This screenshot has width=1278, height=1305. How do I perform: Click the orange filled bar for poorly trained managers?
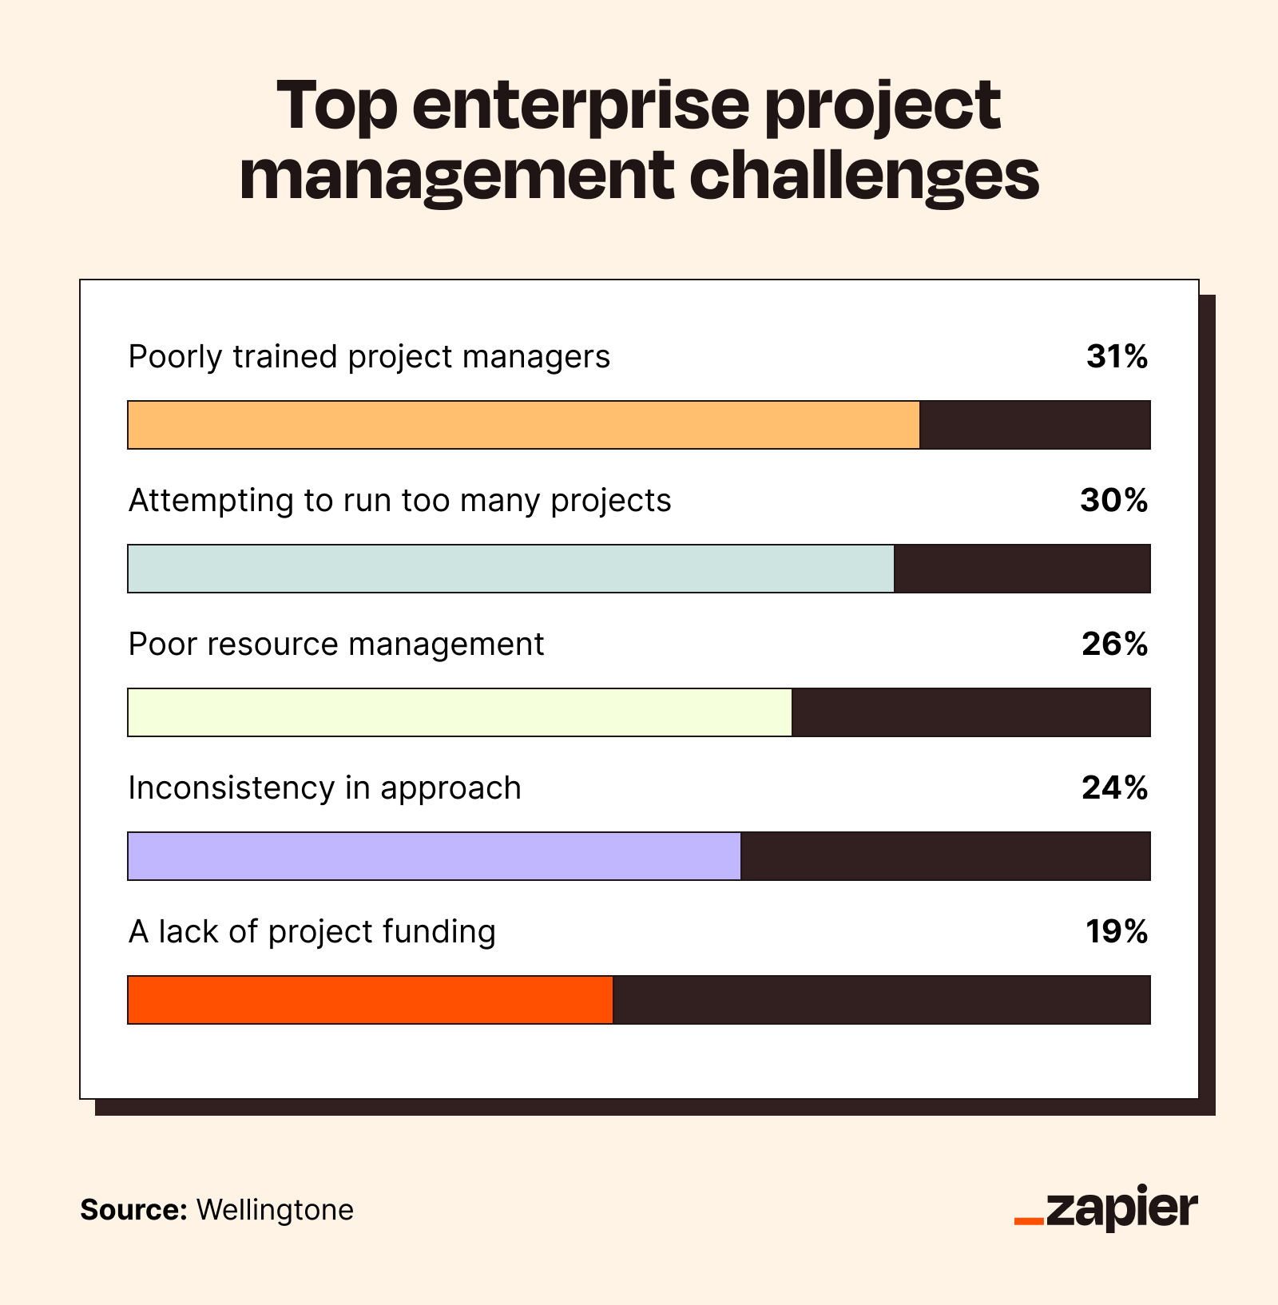523,425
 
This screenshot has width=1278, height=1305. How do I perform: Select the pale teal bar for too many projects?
510,569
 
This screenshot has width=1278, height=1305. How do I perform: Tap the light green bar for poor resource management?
459,712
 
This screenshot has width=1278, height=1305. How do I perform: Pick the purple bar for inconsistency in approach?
434,856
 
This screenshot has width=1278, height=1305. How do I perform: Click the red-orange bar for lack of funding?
370,1000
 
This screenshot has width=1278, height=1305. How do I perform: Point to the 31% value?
1117,357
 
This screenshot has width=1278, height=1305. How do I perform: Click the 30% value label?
1114,501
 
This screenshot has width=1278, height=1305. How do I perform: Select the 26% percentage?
1115,645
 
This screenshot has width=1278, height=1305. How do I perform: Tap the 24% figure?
1115,788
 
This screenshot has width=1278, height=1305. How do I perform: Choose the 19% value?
1117,932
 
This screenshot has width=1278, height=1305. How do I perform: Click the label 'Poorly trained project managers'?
369,357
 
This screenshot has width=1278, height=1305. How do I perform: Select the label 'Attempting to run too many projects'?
399,501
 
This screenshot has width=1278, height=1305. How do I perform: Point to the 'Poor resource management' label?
335,645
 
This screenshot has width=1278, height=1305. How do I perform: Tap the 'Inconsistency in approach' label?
324,788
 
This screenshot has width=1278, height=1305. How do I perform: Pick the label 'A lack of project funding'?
312,932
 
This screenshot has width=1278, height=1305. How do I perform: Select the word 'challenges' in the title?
863,177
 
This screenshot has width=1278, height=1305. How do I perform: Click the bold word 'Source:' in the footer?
133,1210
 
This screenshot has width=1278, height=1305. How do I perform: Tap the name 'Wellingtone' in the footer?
275,1210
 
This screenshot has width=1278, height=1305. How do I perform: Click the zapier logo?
1106,1208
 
